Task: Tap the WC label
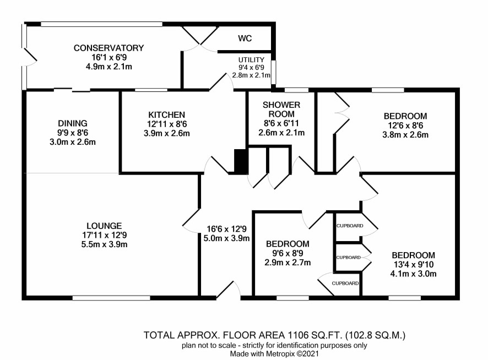point(245,39)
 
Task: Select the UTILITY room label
point(251,59)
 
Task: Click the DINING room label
point(73,123)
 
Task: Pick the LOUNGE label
point(104,225)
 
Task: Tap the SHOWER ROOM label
point(281,109)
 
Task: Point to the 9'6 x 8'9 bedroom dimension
point(288,253)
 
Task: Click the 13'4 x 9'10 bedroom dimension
point(414,265)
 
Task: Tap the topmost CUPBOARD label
point(348,225)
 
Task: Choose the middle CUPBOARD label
point(348,257)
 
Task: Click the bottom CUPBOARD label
point(345,283)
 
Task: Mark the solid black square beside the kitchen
point(240,161)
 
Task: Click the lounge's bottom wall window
point(111,298)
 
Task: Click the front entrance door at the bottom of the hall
point(229,292)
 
